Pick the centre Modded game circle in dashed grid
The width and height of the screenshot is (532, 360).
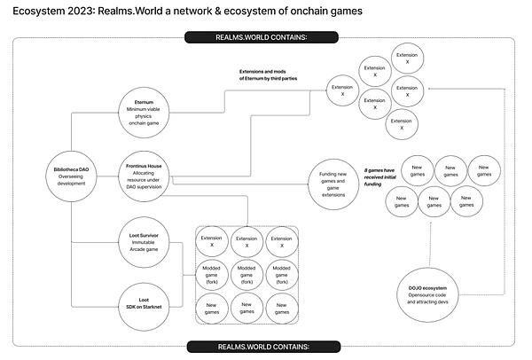pos(246,275)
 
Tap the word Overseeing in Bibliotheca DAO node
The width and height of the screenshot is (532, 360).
pos(72,176)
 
